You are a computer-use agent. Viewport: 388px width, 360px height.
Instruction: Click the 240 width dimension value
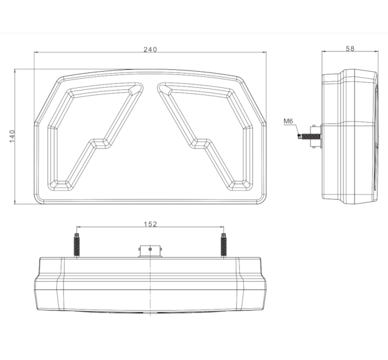coord(150,50)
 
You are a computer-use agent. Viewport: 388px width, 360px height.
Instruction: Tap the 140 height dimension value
coord(12,136)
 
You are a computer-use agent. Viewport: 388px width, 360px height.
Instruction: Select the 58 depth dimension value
coord(350,48)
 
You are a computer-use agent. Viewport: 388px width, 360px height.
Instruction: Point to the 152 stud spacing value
coord(151,224)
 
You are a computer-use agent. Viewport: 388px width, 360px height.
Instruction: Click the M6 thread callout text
coord(288,121)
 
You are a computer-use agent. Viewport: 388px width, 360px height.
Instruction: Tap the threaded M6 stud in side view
coord(310,136)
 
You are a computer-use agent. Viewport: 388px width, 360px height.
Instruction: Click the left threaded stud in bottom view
coord(77,245)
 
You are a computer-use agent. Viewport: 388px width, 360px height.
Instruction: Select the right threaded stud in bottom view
coord(224,245)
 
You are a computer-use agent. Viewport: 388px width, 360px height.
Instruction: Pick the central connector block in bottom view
coord(150,251)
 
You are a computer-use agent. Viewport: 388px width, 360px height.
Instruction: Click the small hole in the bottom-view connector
coord(150,249)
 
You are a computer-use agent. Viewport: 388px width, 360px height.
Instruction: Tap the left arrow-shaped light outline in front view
coord(96,136)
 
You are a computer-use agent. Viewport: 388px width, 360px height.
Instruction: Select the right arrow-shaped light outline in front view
coord(205,136)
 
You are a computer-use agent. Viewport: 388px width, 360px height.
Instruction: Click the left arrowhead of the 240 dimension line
coord(36,52)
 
